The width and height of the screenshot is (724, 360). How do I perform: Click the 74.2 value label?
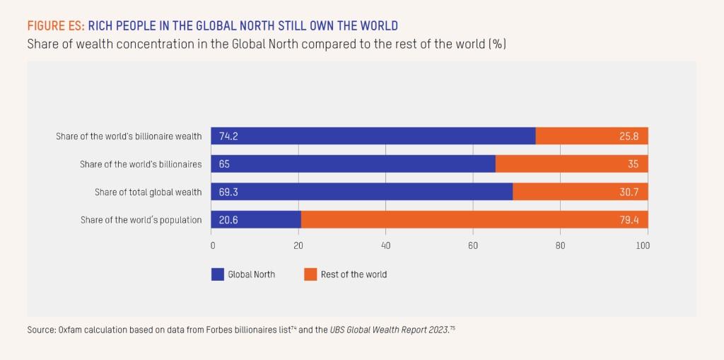[x=228, y=137]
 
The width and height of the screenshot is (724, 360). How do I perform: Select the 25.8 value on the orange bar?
[x=629, y=137]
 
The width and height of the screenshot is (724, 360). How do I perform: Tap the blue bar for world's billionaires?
[x=354, y=164]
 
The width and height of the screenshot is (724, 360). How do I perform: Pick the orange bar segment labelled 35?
[x=571, y=164]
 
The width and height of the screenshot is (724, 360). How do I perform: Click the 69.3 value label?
[x=228, y=192]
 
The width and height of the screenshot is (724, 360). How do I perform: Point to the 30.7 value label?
[x=629, y=192]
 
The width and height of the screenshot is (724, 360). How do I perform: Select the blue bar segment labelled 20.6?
[x=256, y=220]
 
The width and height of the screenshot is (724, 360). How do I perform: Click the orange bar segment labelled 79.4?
[x=474, y=220]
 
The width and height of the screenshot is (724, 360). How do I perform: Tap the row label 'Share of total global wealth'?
[x=148, y=192]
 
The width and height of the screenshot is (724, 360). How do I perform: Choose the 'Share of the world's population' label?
[x=141, y=220]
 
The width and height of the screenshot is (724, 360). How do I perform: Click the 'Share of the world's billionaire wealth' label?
[x=129, y=137]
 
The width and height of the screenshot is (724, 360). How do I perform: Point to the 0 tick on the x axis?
[x=213, y=246]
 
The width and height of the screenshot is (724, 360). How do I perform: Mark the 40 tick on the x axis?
[x=385, y=246]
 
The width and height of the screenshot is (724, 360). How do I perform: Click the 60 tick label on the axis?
[x=472, y=246]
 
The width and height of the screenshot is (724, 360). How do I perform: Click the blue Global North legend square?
[x=218, y=274]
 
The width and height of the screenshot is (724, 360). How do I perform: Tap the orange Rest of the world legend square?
[x=310, y=274]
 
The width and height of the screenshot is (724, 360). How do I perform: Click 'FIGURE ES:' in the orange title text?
[x=56, y=26]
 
